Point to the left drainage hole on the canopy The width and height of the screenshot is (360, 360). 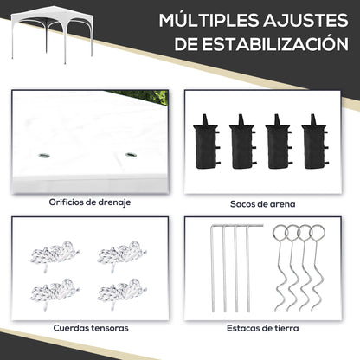tap(44, 156)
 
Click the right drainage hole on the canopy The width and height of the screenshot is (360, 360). tap(131, 155)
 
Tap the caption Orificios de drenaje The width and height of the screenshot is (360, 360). tap(90, 202)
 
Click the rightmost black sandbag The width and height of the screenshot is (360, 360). tap(314, 142)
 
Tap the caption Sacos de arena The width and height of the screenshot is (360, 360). tap(262, 204)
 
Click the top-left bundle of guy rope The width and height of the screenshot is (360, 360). tap(55, 254)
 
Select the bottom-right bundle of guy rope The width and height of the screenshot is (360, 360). tap(122, 292)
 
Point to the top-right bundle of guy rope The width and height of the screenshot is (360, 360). tap(122, 254)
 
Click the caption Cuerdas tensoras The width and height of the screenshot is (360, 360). tap(91, 328)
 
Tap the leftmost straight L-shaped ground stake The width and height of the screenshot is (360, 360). tap(213, 268)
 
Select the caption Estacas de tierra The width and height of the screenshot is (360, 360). tap(262, 328)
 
